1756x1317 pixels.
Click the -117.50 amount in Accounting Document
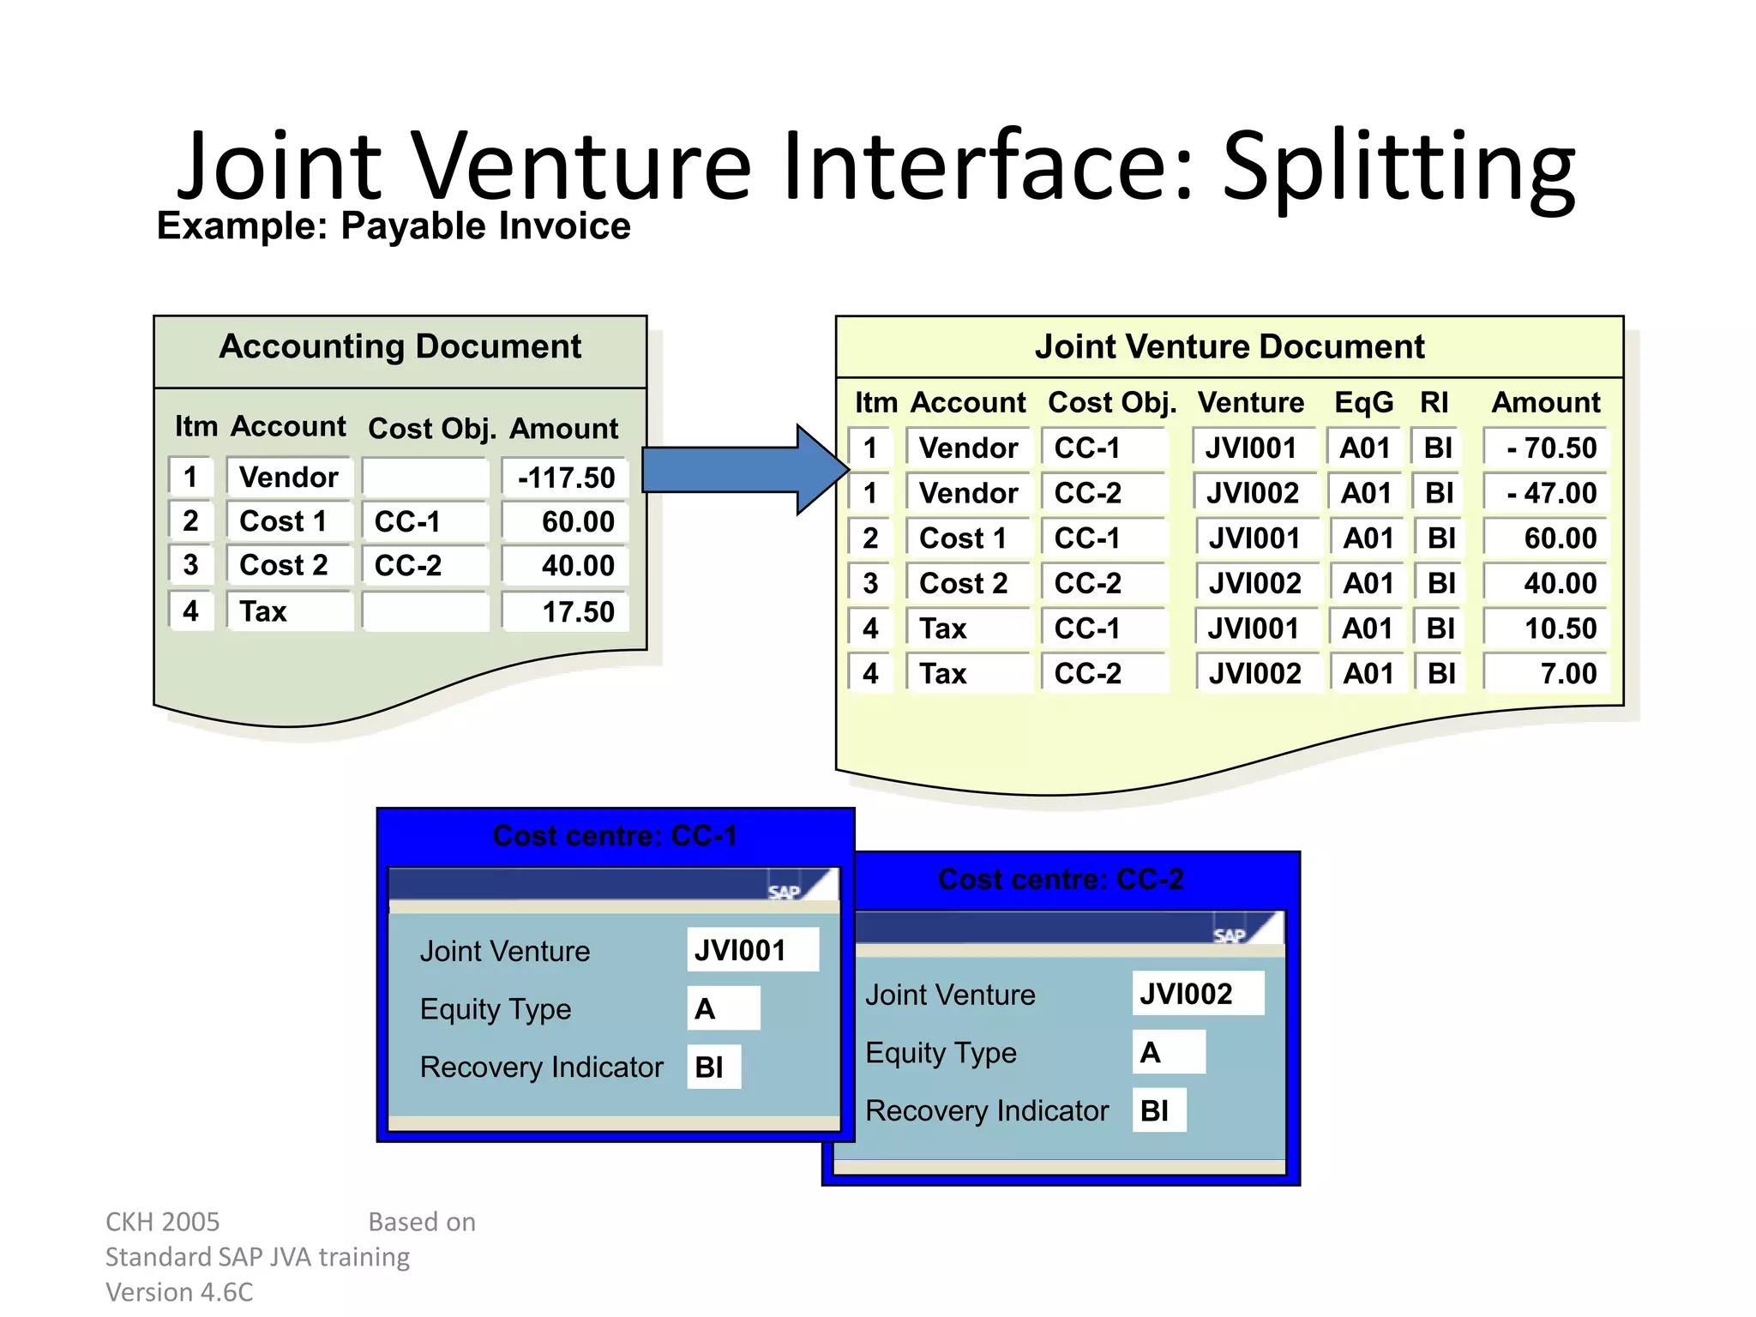point(565,478)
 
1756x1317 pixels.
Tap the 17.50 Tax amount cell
point(565,611)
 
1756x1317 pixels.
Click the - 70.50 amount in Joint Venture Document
point(1548,448)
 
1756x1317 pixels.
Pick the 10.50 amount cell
point(1548,628)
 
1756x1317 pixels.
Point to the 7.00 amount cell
point(1548,673)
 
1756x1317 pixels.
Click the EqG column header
point(1363,402)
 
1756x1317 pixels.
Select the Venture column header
point(1250,402)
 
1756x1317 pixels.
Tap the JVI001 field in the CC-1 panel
point(752,950)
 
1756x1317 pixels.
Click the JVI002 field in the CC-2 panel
point(1197,994)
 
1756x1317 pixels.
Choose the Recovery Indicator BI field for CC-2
point(1158,1110)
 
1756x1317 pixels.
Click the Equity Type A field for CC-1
point(723,1008)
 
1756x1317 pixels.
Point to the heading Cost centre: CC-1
point(615,835)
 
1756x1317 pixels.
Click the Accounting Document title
point(400,346)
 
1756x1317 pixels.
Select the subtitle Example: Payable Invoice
point(394,226)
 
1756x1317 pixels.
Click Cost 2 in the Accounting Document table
point(284,565)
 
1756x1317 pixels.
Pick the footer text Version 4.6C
point(179,1291)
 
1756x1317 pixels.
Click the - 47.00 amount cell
point(1548,493)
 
